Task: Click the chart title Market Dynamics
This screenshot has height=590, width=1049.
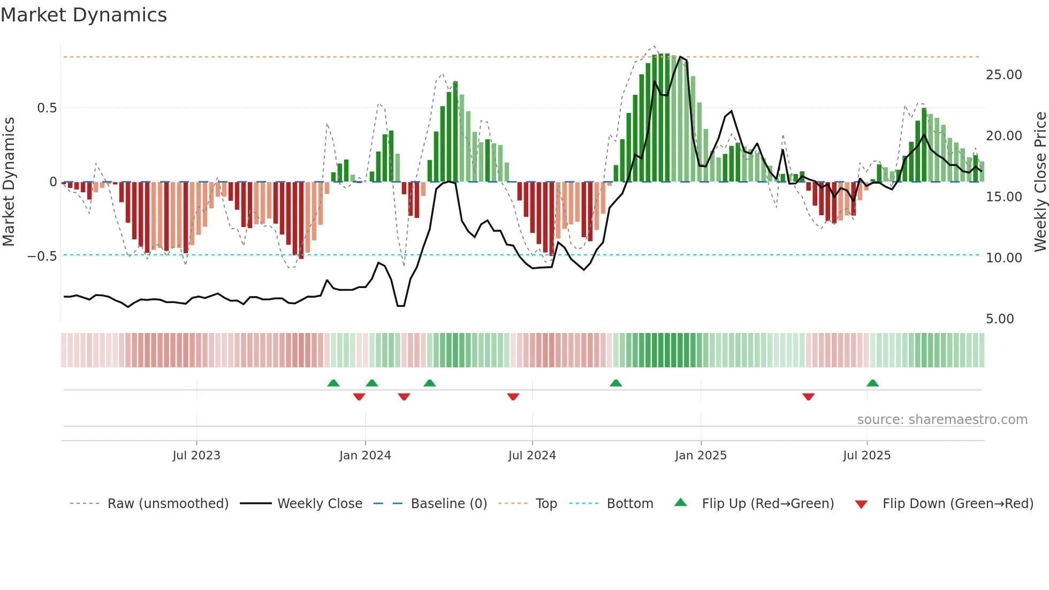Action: (83, 15)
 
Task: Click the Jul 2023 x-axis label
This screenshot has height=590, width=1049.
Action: (196, 456)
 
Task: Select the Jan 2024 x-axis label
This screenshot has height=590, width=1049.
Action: (365, 456)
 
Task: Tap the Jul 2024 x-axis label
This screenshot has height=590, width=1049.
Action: (532, 456)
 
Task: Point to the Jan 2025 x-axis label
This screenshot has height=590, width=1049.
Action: (701, 456)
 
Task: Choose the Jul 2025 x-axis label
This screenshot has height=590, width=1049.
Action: (866, 456)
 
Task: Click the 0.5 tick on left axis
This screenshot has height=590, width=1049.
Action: (47, 108)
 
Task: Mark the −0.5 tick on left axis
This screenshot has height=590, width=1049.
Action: (42, 256)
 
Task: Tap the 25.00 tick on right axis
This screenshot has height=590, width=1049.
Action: (1004, 75)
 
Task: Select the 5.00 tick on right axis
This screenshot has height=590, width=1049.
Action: (999, 319)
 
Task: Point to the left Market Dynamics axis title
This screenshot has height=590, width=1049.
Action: (9, 182)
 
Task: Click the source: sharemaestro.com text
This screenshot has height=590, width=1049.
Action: (942, 420)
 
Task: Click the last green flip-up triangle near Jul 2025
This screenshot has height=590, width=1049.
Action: (872, 383)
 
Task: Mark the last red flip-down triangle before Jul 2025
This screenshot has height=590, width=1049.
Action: (808, 397)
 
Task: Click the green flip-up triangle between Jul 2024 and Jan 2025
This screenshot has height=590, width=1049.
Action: (615, 383)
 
